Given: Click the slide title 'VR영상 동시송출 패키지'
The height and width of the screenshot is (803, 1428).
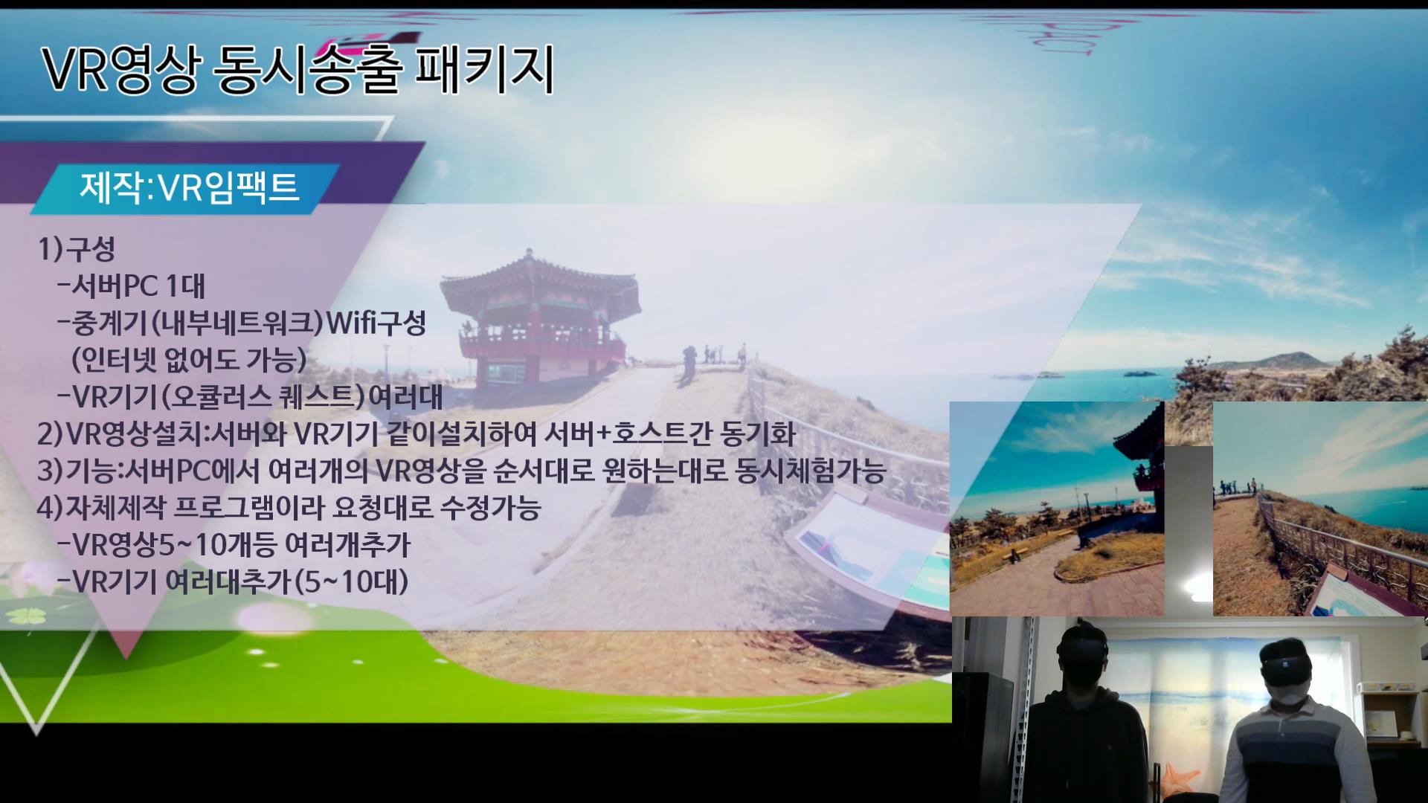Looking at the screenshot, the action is (x=298, y=70).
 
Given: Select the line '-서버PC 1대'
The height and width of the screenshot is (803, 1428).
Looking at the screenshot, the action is (x=131, y=286).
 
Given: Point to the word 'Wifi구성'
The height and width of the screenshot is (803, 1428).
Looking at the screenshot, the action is (x=376, y=323).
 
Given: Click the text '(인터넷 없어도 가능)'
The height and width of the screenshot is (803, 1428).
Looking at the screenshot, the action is (x=189, y=360).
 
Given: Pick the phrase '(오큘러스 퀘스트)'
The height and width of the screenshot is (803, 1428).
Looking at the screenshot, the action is (x=264, y=397).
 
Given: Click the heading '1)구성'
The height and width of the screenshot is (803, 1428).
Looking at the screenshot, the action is (x=77, y=249).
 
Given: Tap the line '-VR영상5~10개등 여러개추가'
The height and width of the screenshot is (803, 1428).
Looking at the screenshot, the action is (x=234, y=545).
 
